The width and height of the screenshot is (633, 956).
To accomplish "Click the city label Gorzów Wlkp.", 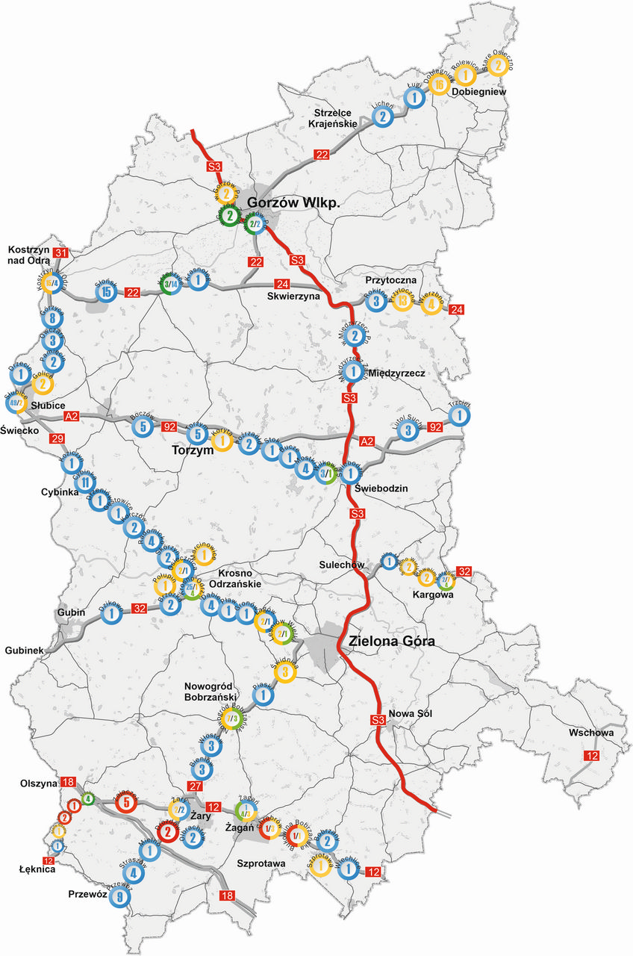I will point(293,202).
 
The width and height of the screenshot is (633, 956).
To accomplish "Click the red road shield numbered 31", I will point(61,252).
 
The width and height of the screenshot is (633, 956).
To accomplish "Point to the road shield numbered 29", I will point(56,438).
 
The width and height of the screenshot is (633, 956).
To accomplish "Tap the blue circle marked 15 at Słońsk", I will point(107,291).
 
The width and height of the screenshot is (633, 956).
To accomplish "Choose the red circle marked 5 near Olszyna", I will point(125,804).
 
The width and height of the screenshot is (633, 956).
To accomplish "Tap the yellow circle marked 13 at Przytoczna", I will point(403,302).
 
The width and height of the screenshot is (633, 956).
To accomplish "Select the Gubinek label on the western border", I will point(25,649).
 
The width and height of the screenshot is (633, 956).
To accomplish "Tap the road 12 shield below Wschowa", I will point(592,757).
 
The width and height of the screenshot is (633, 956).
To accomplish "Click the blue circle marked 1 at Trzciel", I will point(461,415).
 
